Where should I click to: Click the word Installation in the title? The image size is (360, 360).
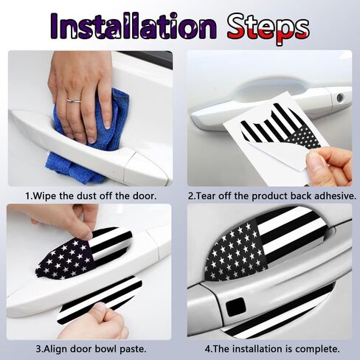pyautogui.click(x=134, y=27)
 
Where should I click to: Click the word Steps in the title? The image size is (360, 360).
pyautogui.click(x=268, y=29)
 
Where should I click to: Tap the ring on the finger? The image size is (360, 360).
pyautogui.click(x=74, y=101)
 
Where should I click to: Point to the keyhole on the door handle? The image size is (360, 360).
pyautogui.click(x=340, y=98)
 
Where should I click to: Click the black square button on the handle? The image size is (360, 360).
pyautogui.click(x=235, y=307)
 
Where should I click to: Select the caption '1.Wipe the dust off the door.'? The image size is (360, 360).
pyautogui.click(x=91, y=196)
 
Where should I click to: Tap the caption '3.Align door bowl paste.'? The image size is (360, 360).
pyautogui.click(x=91, y=348)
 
